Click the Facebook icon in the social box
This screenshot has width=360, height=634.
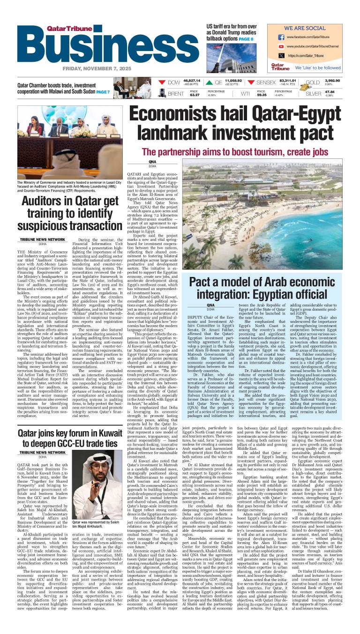(x=281, y=37)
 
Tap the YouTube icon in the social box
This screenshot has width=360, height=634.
(x=281, y=46)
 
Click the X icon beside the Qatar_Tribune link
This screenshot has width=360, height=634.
(x=281, y=56)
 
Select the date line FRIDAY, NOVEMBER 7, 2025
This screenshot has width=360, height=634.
(x=97, y=68)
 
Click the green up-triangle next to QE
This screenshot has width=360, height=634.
(x=205, y=82)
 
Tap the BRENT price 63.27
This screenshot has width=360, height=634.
(x=195, y=95)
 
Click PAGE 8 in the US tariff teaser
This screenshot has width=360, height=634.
(x=246, y=39)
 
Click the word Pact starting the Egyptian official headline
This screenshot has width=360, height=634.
(x=203, y=283)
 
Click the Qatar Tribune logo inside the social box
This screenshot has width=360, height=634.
(x=280, y=67)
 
